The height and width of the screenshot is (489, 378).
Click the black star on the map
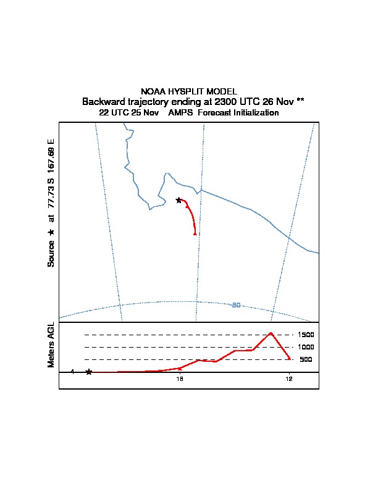[178, 200]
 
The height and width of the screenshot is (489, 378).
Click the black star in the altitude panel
[89, 372]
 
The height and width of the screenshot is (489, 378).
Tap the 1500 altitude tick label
[306, 335]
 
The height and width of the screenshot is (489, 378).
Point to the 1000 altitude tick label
[306, 347]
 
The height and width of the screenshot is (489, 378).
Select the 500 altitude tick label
[306, 359]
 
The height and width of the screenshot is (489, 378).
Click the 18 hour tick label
[179, 379]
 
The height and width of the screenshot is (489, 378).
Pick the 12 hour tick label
[288, 379]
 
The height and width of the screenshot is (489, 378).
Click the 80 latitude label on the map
[236, 305]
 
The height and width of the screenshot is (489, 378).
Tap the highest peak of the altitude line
[271, 333]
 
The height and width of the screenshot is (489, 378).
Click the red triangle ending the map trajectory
[195, 233]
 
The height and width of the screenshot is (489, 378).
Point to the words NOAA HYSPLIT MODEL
[189, 91]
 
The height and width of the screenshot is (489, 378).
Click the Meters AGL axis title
[51, 345]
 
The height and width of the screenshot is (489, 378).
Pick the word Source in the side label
[51, 254]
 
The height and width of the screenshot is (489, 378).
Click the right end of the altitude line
[290, 358]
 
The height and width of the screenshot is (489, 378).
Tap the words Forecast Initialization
[238, 113]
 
